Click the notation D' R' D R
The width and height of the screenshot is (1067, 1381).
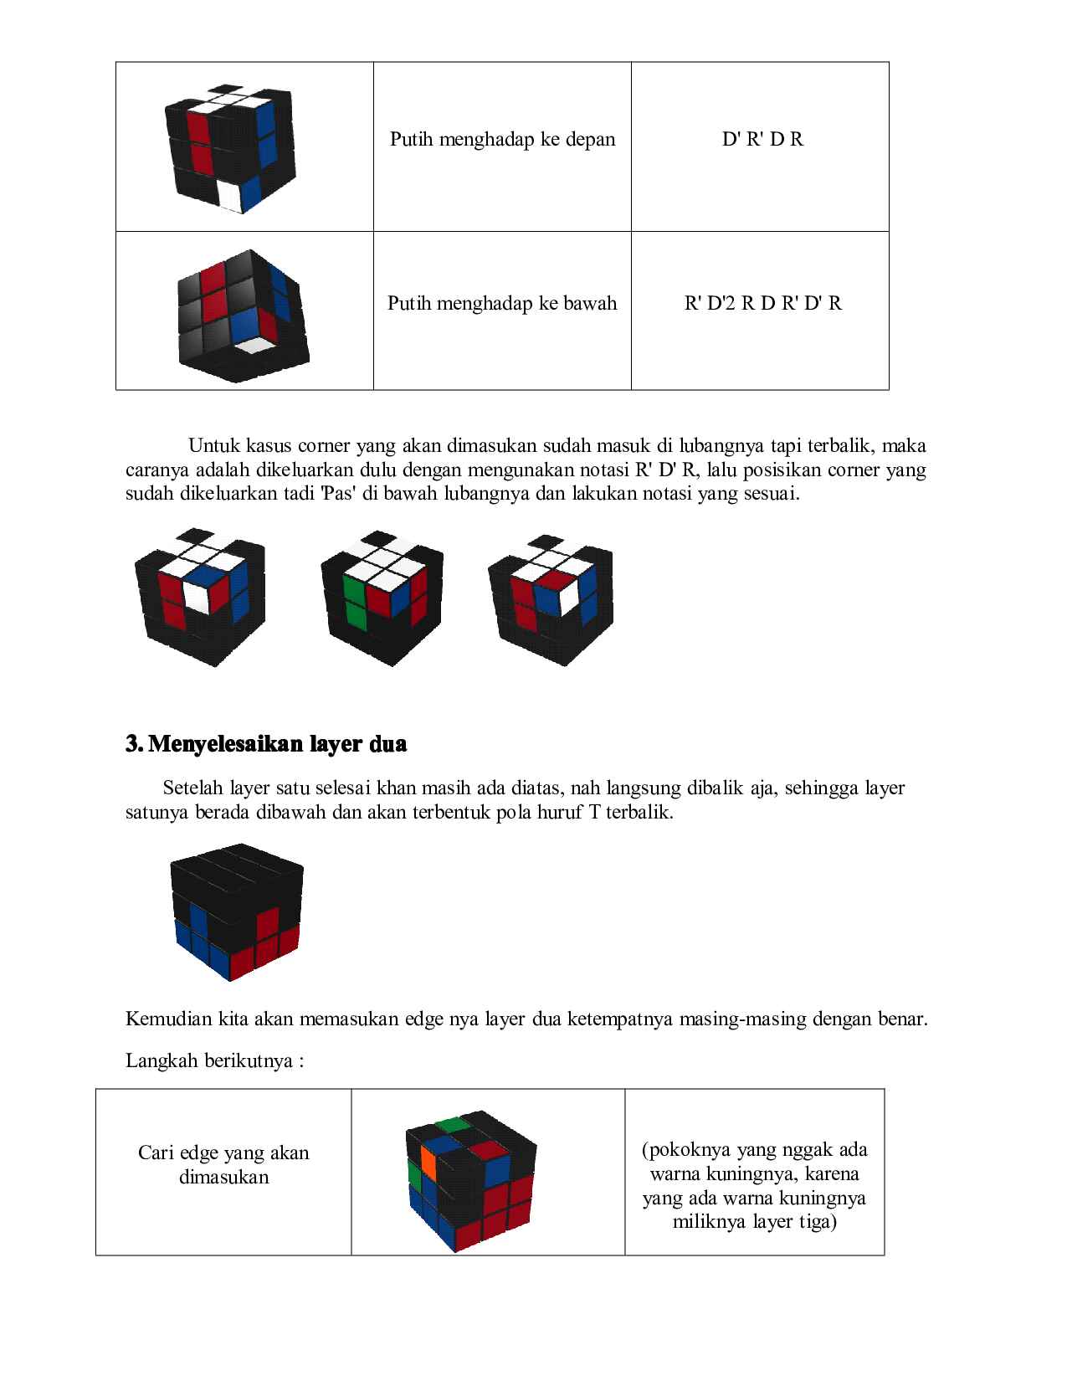[x=762, y=139]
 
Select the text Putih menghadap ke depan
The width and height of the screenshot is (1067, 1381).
[x=502, y=139]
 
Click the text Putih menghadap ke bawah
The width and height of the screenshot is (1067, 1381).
[x=502, y=303]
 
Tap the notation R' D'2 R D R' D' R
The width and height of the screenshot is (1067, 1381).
[x=762, y=303]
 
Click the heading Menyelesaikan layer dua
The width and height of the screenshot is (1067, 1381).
[x=276, y=744]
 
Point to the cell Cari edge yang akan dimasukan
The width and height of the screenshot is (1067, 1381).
[x=223, y=1165]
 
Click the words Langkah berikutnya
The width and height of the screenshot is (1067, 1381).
[x=213, y=1061]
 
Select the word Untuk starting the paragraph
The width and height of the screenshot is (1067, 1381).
[x=214, y=445]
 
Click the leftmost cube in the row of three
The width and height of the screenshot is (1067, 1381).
[x=201, y=596]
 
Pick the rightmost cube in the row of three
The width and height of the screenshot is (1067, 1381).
[x=551, y=596]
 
